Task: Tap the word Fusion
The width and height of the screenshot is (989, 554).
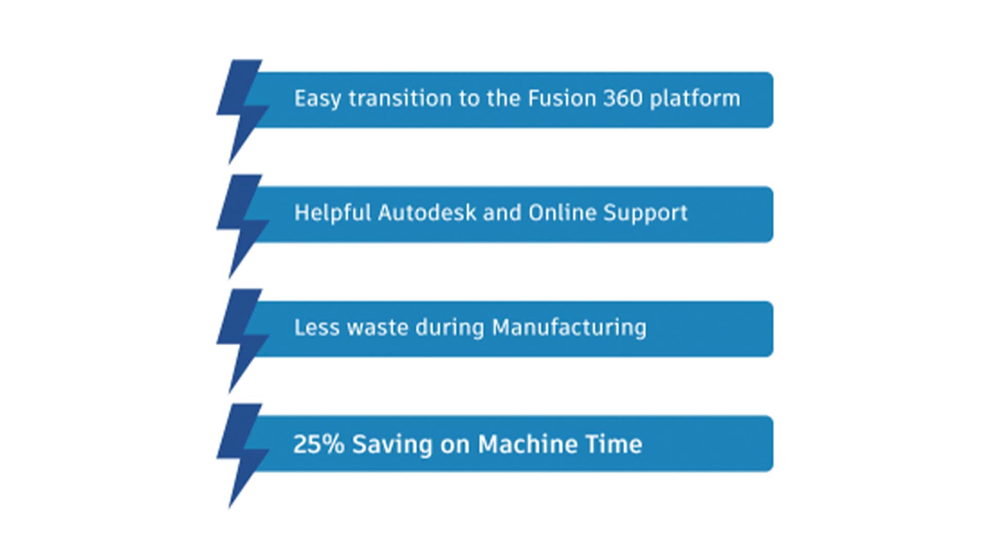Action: click(x=562, y=98)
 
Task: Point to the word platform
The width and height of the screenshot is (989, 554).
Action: click(x=695, y=98)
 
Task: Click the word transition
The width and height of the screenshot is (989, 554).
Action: click(x=400, y=98)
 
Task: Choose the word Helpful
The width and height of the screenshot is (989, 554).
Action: click(x=333, y=213)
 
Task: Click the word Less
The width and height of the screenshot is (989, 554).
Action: click(x=317, y=327)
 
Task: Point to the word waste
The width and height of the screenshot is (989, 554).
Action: click(x=378, y=328)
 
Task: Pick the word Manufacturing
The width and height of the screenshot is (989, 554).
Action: click(x=569, y=328)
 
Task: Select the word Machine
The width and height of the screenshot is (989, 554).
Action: click(x=520, y=444)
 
